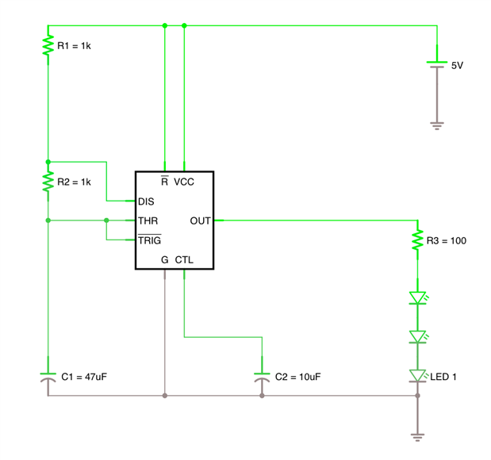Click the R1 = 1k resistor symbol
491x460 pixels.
[x=48, y=47]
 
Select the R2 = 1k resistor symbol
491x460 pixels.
[x=48, y=181]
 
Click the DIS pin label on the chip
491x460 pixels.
[x=146, y=201]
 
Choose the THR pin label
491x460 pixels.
[x=148, y=220]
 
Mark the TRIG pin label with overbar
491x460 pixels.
[x=150, y=240]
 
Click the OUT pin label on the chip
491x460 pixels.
[x=201, y=220]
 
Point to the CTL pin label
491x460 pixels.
[x=184, y=260]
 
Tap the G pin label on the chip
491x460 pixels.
[x=165, y=260]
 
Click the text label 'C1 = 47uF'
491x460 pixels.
[x=84, y=376]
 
